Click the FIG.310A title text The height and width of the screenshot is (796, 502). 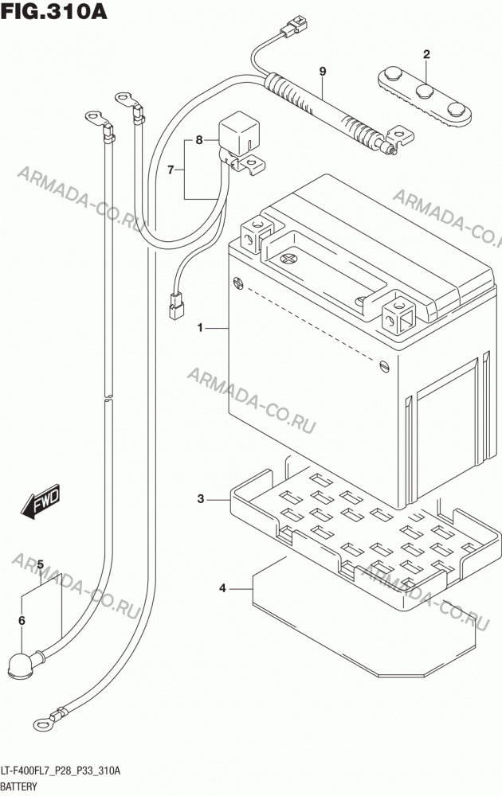click(54, 11)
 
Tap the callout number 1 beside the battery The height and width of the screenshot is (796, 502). click(200, 328)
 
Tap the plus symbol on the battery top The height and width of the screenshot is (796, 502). click(289, 259)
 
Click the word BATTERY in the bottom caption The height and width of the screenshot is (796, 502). click(19, 786)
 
